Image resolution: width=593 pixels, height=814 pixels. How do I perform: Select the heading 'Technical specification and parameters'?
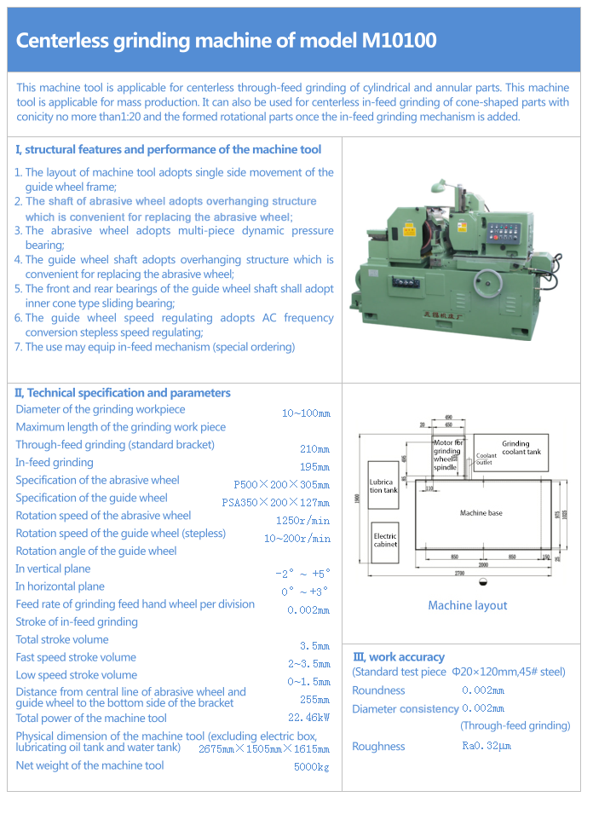click(128, 393)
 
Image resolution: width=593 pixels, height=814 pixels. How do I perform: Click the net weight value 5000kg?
click(312, 767)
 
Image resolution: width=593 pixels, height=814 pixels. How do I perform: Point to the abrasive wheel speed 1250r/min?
click(302, 521)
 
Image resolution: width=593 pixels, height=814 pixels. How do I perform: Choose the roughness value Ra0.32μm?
click(486, 747)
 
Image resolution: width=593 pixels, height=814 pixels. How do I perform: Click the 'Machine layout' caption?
click(467, 605)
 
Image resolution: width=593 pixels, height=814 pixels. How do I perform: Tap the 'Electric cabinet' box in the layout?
click(385, 540)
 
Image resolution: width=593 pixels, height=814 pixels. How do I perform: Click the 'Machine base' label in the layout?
click(481, 513)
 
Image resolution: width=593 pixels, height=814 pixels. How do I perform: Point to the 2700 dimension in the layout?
click(482, 572)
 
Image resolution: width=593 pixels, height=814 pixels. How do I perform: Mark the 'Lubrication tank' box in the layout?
click(383, 487)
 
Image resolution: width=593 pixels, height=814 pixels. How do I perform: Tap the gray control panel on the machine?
click(505, 232)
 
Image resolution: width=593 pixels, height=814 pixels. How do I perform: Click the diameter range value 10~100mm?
click(306, 413)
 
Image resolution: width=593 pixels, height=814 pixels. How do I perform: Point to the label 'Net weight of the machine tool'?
click(89, 765)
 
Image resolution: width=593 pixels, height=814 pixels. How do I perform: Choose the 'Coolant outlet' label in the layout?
click(485, 459)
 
